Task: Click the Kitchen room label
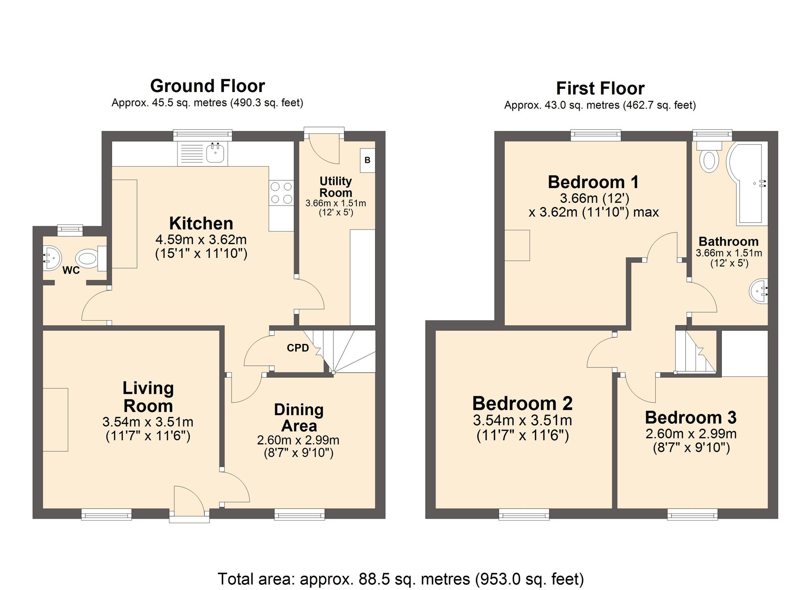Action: click(x=201, y=223)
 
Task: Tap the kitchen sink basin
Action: click(x=215, y=152)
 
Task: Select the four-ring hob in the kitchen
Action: click(x=281, y=193)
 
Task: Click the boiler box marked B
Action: click(x=367, y=160)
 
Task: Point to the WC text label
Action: click(x=71, y=270)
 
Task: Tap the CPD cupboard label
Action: click(x=298, y=348)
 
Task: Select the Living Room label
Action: click(x=148, y=397)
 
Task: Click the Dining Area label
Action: click(x=299, y=418)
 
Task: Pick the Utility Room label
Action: click(x=336, y=187)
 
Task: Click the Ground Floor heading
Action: click(x=208, y=86)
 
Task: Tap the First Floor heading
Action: click(x=600, y=88)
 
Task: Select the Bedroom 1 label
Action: click(x=593, y=182)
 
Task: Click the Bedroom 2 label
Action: click(x=522, y=403)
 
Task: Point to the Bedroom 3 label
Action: click(x=691, y=418)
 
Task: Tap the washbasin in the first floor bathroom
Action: click(x=758, y=291)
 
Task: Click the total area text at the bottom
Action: click(x=401, y=579)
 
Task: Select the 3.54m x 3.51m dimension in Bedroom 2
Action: click(x=522, y=421)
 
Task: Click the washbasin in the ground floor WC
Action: click(x=52, y=258)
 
